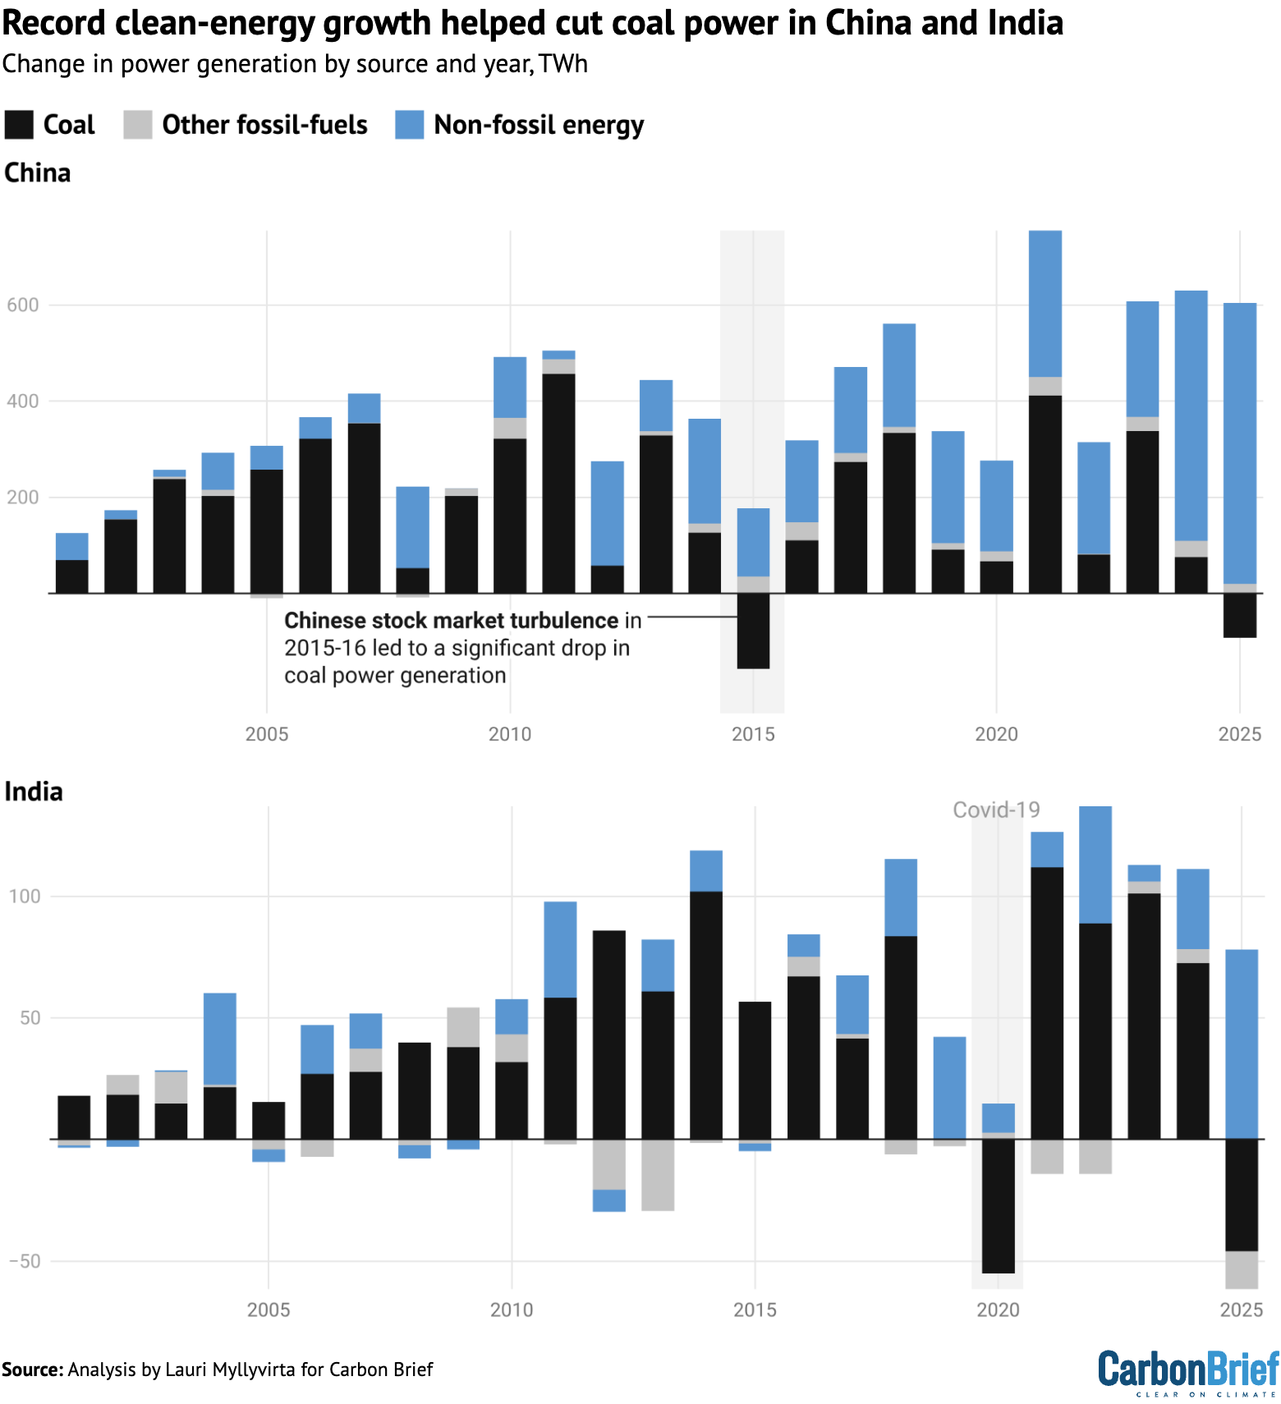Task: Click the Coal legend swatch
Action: pyautogui.click(x=19, y=125)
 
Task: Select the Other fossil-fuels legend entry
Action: pyautogui.click(x=245, y=125)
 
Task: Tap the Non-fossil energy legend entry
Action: pyautogui.click(x=519, y=125)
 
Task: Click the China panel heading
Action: pyautogui.click(x=38, y=173)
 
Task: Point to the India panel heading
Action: pyautogui.click(x=34, y=791)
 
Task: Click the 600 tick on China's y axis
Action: pyautogui.click(x=23, y=305)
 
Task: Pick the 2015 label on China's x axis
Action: pyautogui.click(x=753, y=734)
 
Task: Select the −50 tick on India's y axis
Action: pyautogui.click(x=25, y=1261)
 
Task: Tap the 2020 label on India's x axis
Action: pyautogui.click(x=998, y=1310)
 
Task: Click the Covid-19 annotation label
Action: pyautogui.click(x=996, y=810)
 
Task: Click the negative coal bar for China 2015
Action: pyautogui.click(x=753, y=631)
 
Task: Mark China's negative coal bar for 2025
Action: pyautogui.click(x=1239, y=615)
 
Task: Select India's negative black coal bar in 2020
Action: pyautogui.click(x=998, y=1205)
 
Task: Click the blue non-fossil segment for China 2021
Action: pyautogui.click(x=1045, y=304)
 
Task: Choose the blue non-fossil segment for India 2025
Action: pyautogui.click(x=1241, y=1044)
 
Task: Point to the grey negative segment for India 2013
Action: pyautogui.click(x=658, y=1174)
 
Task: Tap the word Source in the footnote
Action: pyautogui.click(x=31, y=1370)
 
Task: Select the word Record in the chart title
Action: pyautogui.click(x=54, y=23)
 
